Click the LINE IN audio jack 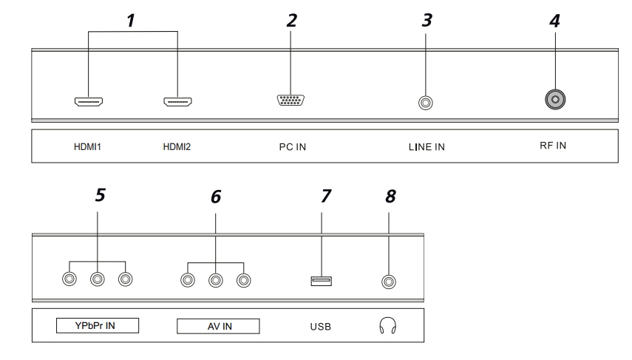point(425,101)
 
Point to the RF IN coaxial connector point(551,99)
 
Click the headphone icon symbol point(385,325)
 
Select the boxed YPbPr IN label point(98,325)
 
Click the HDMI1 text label point(88,146)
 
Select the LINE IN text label point(426,146)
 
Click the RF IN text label point(551,145)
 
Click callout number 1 point(130,21)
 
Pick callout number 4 point(554,21)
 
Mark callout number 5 point(100,194)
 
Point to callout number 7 point(326,196)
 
